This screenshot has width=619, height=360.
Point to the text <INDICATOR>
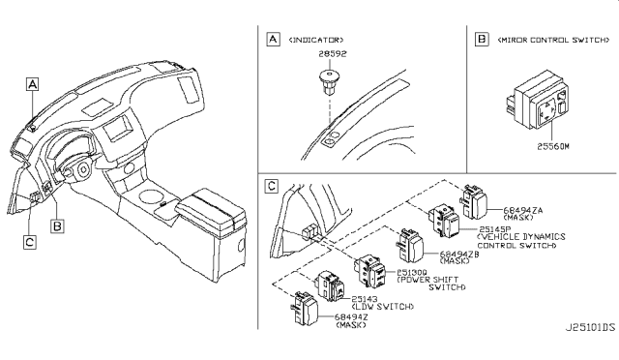point(319,41)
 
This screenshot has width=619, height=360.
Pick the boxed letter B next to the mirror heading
point(480,41)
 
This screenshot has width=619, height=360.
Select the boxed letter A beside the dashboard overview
point(33,85)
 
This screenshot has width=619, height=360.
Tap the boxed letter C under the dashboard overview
point(30,242)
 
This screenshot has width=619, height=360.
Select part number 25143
point(366,299)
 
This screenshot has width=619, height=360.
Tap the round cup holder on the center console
point(152,200)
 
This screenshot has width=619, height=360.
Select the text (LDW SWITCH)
point(382,307)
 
